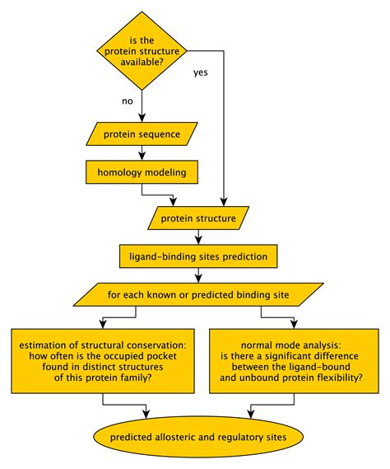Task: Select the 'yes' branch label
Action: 201,73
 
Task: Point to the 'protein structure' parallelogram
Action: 198,218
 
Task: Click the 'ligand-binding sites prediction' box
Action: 198,256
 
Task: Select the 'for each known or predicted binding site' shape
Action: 197,293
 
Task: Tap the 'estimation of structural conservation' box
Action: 102,360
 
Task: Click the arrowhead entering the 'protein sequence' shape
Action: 142,117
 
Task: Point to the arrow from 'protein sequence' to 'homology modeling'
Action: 142,152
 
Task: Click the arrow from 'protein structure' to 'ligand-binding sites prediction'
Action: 198,237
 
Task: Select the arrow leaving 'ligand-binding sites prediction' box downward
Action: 198,274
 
